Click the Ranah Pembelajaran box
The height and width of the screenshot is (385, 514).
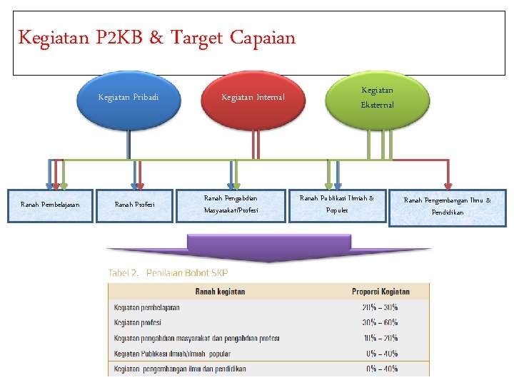tap(50, 205)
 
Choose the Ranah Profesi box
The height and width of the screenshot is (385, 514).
tap(135, 205)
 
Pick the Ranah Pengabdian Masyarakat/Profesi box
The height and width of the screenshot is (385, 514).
tap(231, 205)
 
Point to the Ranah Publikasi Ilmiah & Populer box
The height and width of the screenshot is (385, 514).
tap(336, 205)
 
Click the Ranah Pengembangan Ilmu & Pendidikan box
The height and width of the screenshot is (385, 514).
tap(447, 207)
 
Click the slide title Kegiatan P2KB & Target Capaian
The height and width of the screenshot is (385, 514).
tap(156, 38)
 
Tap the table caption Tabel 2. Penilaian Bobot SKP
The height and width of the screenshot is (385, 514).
tap(168, 273)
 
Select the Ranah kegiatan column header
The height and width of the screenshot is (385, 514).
tap(220, 292)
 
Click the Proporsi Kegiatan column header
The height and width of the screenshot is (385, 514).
tap(381, 292)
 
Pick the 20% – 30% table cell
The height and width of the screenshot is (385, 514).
tap(381, 307)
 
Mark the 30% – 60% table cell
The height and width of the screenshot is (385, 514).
tap(381, 322)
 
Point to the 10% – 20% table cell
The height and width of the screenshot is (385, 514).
tap(381, 338)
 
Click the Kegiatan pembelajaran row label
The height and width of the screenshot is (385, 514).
tap(146, 307)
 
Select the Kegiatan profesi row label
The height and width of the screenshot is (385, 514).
tap(137, 322)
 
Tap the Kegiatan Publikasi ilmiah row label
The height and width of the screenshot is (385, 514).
tap(172, 354)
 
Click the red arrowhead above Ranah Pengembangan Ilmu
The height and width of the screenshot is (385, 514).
tap(448, 182)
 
